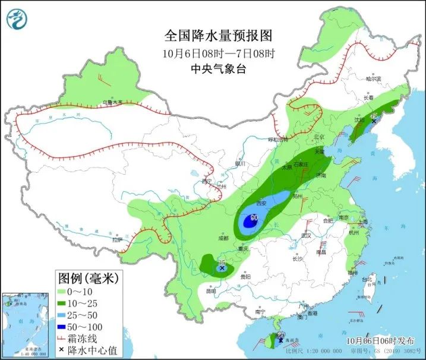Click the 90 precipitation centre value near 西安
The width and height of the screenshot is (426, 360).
click(x=254, y=218)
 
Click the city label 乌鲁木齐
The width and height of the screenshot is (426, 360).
click(x=111, y=103)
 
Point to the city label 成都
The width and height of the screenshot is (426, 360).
click(x=223, y=238)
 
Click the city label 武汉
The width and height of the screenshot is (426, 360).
click(x=306, y=236)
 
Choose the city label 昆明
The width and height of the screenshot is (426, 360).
click(x=211, y=291)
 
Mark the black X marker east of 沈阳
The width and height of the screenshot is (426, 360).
click(x=374, y=121)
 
